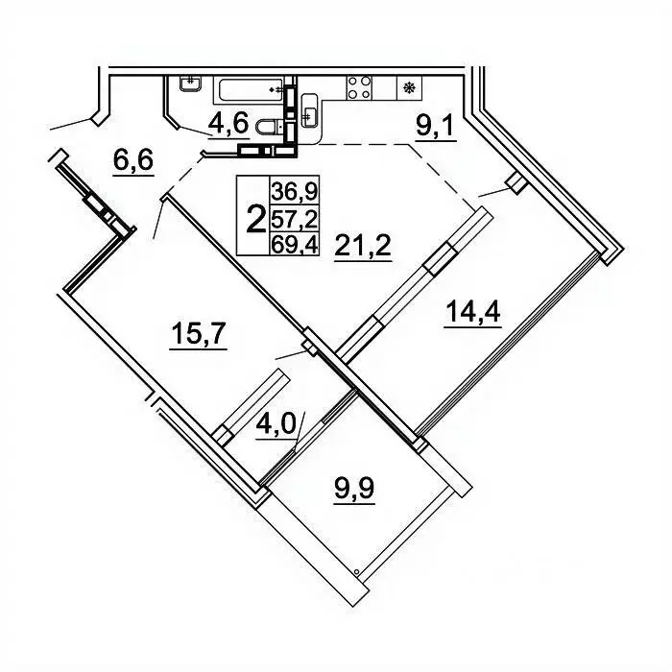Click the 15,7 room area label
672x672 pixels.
pos(199,333)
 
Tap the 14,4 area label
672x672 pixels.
pos(472,312)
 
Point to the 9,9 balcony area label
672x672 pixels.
pos(354,488)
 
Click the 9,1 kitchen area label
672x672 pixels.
pos(436,125)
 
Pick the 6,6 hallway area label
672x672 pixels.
pos(133,160)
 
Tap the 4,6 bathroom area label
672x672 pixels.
pos(228,124)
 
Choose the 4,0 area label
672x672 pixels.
pos(276,424)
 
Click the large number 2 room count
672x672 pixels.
pos(256,219)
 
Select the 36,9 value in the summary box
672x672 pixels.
pos(295,191)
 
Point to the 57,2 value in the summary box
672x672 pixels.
pos(295,219)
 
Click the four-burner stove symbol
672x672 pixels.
pos(359,88)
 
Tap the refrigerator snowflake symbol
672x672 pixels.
pos(409,88)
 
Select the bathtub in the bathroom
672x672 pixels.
pos(249,90)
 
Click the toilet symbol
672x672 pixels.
pos(270,127)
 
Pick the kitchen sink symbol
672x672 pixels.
pos(309,110)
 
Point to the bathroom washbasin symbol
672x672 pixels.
pos(190,84)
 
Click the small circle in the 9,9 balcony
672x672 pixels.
pos(356,571)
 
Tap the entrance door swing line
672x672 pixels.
pos(70,124)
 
